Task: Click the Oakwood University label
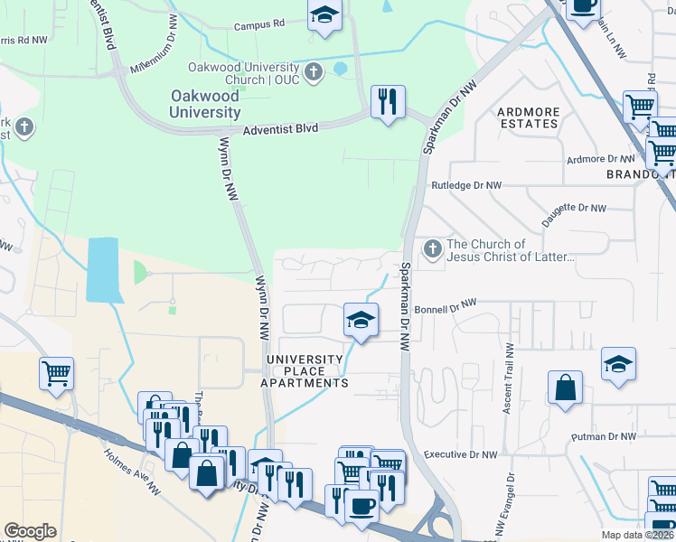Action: point(205,104)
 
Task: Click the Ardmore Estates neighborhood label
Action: point(528,117)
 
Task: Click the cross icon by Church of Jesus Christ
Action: point(433,248)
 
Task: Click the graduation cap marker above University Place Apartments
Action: point(361,320)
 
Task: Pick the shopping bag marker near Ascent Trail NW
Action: point(565,388)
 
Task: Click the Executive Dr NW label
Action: point(461,454)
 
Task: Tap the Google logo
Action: point(30,531)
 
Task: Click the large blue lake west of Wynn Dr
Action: point(102,269)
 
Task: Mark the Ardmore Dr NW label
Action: point(596,159)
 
